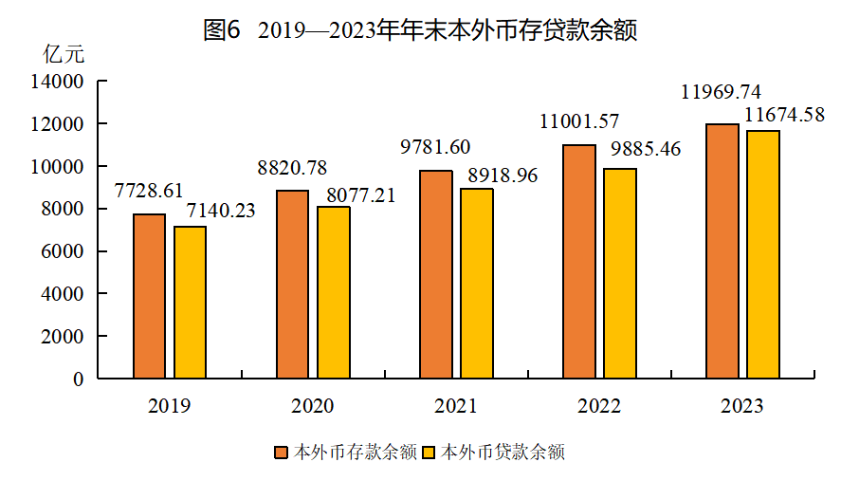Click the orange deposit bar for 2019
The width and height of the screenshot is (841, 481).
[x=150, y=296]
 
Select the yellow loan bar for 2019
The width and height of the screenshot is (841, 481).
[x=190, y=302]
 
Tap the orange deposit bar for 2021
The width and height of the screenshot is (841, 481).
[x=436, y=274]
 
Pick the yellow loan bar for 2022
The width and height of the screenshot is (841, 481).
[x=620, y=273]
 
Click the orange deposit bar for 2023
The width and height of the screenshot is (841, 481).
[x=722, y=251]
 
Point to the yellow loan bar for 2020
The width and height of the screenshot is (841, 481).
[x=334, y=292]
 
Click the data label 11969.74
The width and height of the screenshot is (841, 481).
[x=722, y=93]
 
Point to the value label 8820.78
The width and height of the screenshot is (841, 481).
[x=292, y=169]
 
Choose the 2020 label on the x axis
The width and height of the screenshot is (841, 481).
[x=312, y=406]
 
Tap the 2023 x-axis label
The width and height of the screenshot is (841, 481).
[x=741, y=406]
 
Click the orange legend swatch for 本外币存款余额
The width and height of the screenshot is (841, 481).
[x=281, y=453]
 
